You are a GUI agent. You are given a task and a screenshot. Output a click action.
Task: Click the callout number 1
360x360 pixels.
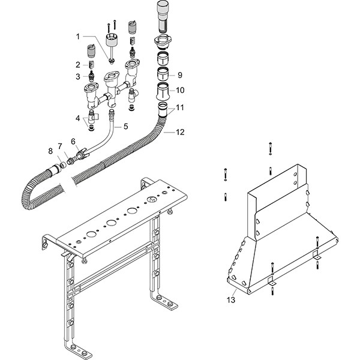coord(77,36)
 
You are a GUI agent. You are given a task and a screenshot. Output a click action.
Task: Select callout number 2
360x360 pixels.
coord(77,64)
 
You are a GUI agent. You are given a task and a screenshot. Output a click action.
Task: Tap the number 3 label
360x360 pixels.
coord(77,76)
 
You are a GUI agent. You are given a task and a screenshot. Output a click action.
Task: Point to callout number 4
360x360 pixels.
coord(77,118)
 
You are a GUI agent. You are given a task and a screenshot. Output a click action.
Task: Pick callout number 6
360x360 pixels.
coord(73,141)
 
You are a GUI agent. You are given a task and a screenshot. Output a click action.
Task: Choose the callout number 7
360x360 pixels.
coord(59,146)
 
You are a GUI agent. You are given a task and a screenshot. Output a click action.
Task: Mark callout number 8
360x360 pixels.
coord(50,150)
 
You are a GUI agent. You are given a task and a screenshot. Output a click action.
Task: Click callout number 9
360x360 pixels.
coord(179,76)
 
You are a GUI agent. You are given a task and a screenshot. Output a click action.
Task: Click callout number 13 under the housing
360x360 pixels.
coord(231,298)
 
